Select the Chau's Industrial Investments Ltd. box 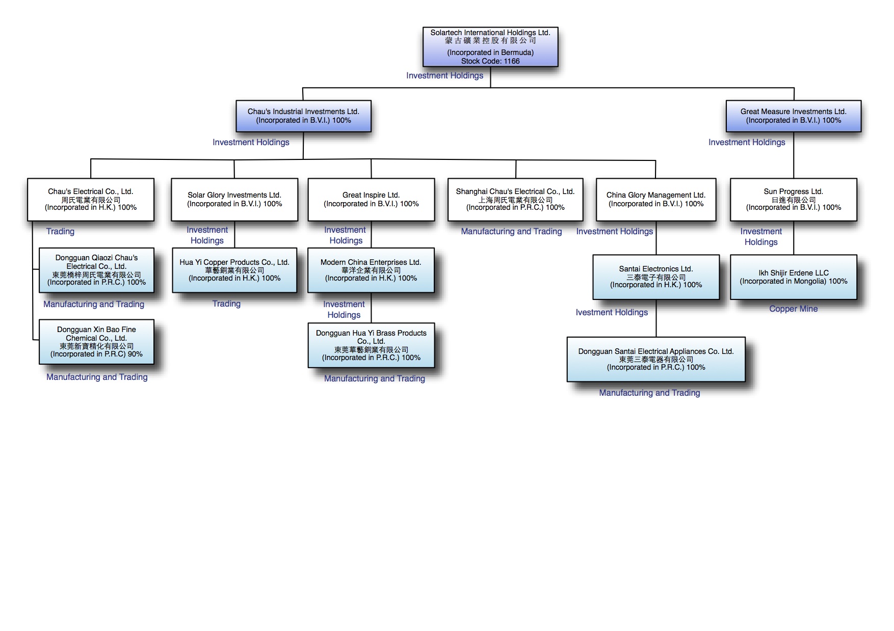303,116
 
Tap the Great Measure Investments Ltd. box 793,116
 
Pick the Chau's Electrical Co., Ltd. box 91,200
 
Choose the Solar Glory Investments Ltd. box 234,200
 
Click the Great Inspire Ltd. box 371,200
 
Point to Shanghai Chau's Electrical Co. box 515,200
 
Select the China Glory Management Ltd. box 656,200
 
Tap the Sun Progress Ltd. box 793,200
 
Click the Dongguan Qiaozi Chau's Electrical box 96,270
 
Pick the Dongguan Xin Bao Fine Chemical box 96,342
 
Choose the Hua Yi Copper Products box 234,270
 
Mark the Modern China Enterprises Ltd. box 371,270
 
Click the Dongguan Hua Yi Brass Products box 371,345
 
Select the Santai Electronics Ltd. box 656,277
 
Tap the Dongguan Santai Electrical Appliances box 656,359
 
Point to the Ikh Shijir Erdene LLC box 793,277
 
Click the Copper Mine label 793,309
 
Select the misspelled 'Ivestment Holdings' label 612,312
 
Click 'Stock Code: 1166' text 490,61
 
